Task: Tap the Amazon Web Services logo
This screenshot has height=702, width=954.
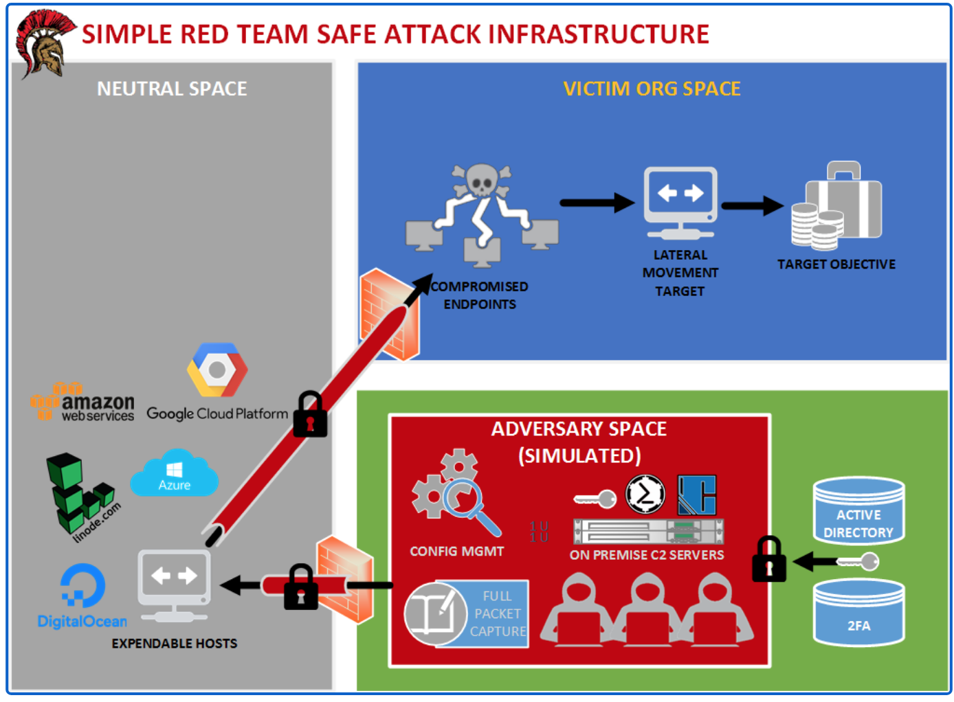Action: (82, 403)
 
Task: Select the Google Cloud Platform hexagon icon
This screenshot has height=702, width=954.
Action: (217, 370)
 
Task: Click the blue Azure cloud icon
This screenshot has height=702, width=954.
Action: (175, 474)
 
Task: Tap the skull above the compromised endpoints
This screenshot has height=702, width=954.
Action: (481, 182)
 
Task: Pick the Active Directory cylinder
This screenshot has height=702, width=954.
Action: (858, 511)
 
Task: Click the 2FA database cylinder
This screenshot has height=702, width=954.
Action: (858, 613)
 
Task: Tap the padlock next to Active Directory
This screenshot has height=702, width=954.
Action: (769, 560)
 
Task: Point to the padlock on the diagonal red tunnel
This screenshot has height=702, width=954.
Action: (310, 416)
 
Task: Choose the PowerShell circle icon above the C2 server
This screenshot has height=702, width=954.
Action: (645, 494)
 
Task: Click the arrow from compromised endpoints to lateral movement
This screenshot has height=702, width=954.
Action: (597, 203)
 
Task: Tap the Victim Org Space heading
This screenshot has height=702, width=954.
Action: (652, 89)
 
